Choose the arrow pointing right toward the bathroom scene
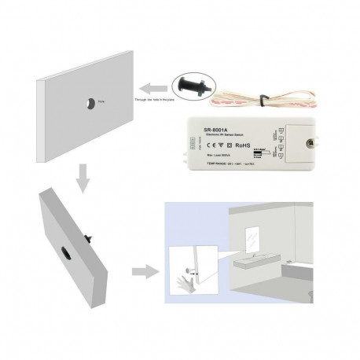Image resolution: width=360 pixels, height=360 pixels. point(145,273)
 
